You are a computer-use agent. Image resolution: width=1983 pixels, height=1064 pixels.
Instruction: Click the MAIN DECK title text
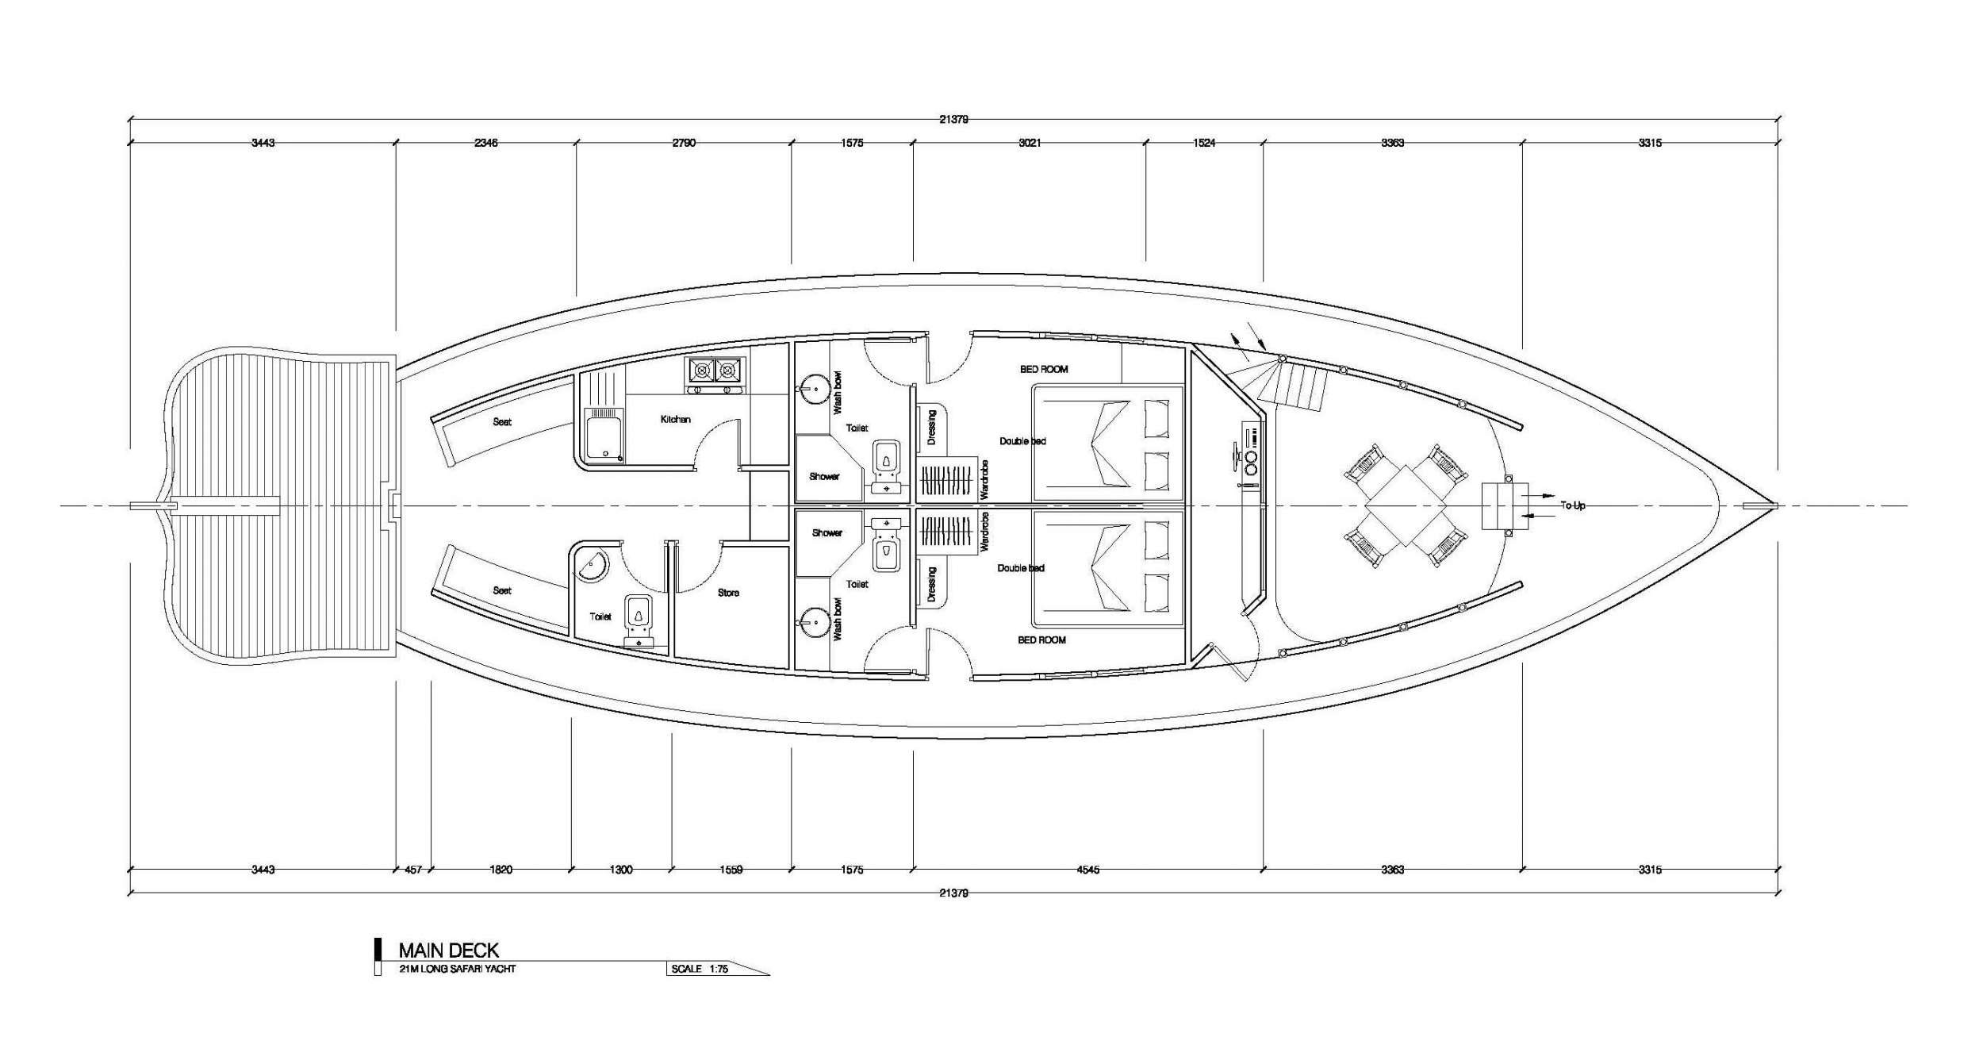point(448,950)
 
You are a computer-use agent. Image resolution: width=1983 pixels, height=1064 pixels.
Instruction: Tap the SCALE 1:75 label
point(700,969)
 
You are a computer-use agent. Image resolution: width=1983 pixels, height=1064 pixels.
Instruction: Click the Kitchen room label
point(675,419)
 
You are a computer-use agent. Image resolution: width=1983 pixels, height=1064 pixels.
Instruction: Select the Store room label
point(728,593)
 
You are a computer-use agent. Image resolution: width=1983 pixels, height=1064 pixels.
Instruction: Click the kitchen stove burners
point(714,370)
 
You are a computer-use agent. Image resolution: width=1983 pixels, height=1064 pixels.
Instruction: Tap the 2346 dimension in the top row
point(485,143)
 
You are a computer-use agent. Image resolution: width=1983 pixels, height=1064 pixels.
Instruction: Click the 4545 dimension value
point(1088,870)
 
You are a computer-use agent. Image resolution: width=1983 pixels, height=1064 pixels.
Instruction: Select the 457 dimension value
point(412,870)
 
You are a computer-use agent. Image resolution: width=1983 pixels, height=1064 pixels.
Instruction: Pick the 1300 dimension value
point(621,870)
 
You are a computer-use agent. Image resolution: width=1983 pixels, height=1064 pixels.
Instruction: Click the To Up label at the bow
point(1572,505)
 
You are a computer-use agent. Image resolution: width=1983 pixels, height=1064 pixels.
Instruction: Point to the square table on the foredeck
point(1405,505)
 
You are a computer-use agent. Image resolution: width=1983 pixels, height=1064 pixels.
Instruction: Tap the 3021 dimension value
point(1030,143)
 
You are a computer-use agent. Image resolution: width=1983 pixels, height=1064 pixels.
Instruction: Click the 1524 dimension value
point(1204,143)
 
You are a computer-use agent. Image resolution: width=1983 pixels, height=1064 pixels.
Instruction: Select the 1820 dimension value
point(501,870)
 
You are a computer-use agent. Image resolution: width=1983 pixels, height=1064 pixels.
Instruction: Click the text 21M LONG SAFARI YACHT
point(458,969)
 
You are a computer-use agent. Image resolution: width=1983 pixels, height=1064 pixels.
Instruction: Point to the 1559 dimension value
point(731,870)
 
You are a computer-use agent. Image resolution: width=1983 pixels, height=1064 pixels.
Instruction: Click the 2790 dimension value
point(684,143)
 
